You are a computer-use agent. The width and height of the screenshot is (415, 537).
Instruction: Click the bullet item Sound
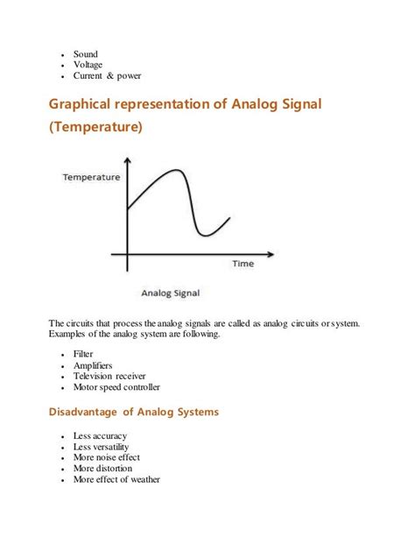85,53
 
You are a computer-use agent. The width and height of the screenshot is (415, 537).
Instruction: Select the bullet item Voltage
88,64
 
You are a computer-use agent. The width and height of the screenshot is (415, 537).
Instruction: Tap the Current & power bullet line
107,75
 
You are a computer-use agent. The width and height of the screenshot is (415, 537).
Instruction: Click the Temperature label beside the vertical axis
90,177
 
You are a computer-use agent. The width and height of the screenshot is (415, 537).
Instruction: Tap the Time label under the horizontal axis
243,263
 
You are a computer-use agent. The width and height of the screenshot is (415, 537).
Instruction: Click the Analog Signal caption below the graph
169,293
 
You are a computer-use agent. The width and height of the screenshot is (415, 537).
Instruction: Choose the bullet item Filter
83,354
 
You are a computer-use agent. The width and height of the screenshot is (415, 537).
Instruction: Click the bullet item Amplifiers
93,365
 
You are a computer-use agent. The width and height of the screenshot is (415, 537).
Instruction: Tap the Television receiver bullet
109,376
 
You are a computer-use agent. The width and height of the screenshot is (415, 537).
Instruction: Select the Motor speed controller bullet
116,386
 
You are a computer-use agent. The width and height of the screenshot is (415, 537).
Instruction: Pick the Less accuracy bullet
100,435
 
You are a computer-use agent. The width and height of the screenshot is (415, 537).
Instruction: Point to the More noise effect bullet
106,457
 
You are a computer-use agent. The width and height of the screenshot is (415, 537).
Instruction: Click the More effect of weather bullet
116,479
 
